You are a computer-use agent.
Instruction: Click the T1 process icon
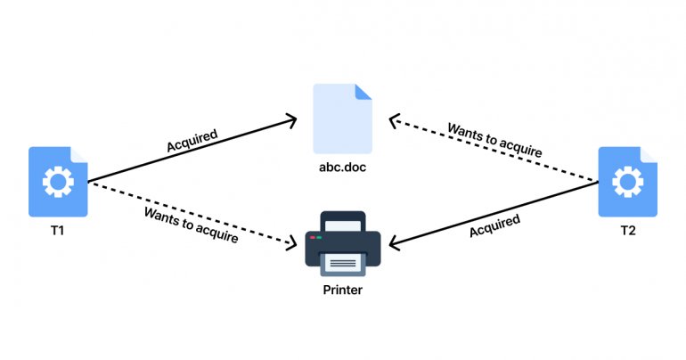pos(58,182)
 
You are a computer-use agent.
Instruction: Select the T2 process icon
pos(627,182)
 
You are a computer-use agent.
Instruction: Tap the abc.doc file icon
pos(342,118)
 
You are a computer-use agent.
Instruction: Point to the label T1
pos(58,231)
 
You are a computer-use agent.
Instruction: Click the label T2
pos(628,231)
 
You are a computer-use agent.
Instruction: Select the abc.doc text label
pos(343,167)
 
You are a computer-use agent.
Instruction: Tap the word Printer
pos(343,290)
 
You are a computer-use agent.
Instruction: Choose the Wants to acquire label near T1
pos(192,226)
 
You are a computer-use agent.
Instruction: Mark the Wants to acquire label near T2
pos(495,141)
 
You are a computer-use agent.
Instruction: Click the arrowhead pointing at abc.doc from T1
pos(290,119)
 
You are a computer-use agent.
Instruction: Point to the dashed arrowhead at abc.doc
pos(396,119)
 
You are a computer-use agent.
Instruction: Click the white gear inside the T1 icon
pos(58,183)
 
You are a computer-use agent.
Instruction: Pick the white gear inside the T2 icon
pos(627,183)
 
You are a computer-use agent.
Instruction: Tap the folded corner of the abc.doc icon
pos(363,91)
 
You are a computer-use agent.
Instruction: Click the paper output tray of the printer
pos(343,262)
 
